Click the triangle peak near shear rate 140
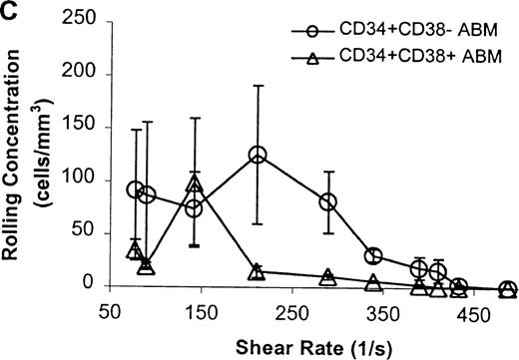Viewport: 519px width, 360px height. [195, 185]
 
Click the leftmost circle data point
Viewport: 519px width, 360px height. [136, 189]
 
